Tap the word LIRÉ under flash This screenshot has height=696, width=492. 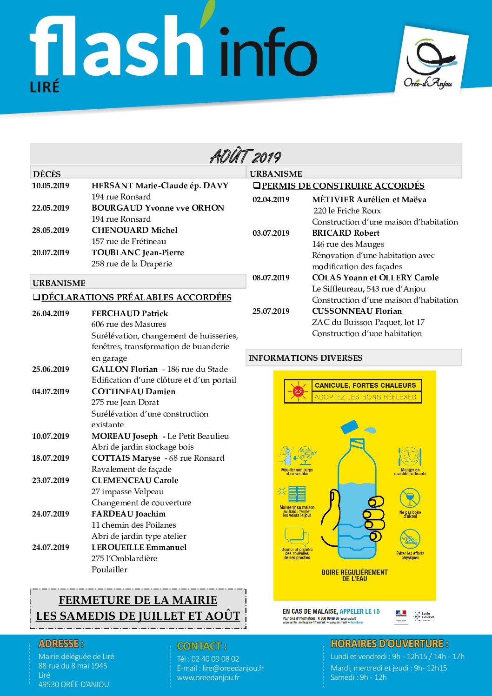tap(45, 87)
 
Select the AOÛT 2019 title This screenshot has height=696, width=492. tap(246, 156)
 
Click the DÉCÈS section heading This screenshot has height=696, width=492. tap(47, 174)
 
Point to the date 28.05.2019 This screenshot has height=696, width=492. tap(51, 230)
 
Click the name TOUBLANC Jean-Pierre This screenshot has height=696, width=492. tap(138, 252)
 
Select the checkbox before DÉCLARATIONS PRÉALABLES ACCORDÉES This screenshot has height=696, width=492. tap(36, 297)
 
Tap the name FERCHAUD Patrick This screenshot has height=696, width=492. tap(130, 313)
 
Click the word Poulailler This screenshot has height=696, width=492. tap(109, 570)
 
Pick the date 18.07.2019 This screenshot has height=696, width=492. tap(51, 458)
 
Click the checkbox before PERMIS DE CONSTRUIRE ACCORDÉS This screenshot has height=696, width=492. tap(256, 186)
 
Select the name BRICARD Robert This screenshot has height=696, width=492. tap(346, 233)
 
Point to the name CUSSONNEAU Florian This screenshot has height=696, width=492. tap(357, 311)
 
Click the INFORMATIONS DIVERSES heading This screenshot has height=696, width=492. tap(306, 358)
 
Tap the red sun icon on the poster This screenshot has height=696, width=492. tap(298, 391)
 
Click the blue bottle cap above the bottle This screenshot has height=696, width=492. tap(350, 427)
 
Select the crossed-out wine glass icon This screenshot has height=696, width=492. tap(410, 498)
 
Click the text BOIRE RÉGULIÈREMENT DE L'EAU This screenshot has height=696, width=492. tap(354, 575)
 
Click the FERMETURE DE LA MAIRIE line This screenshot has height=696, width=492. tap(138, 600)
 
